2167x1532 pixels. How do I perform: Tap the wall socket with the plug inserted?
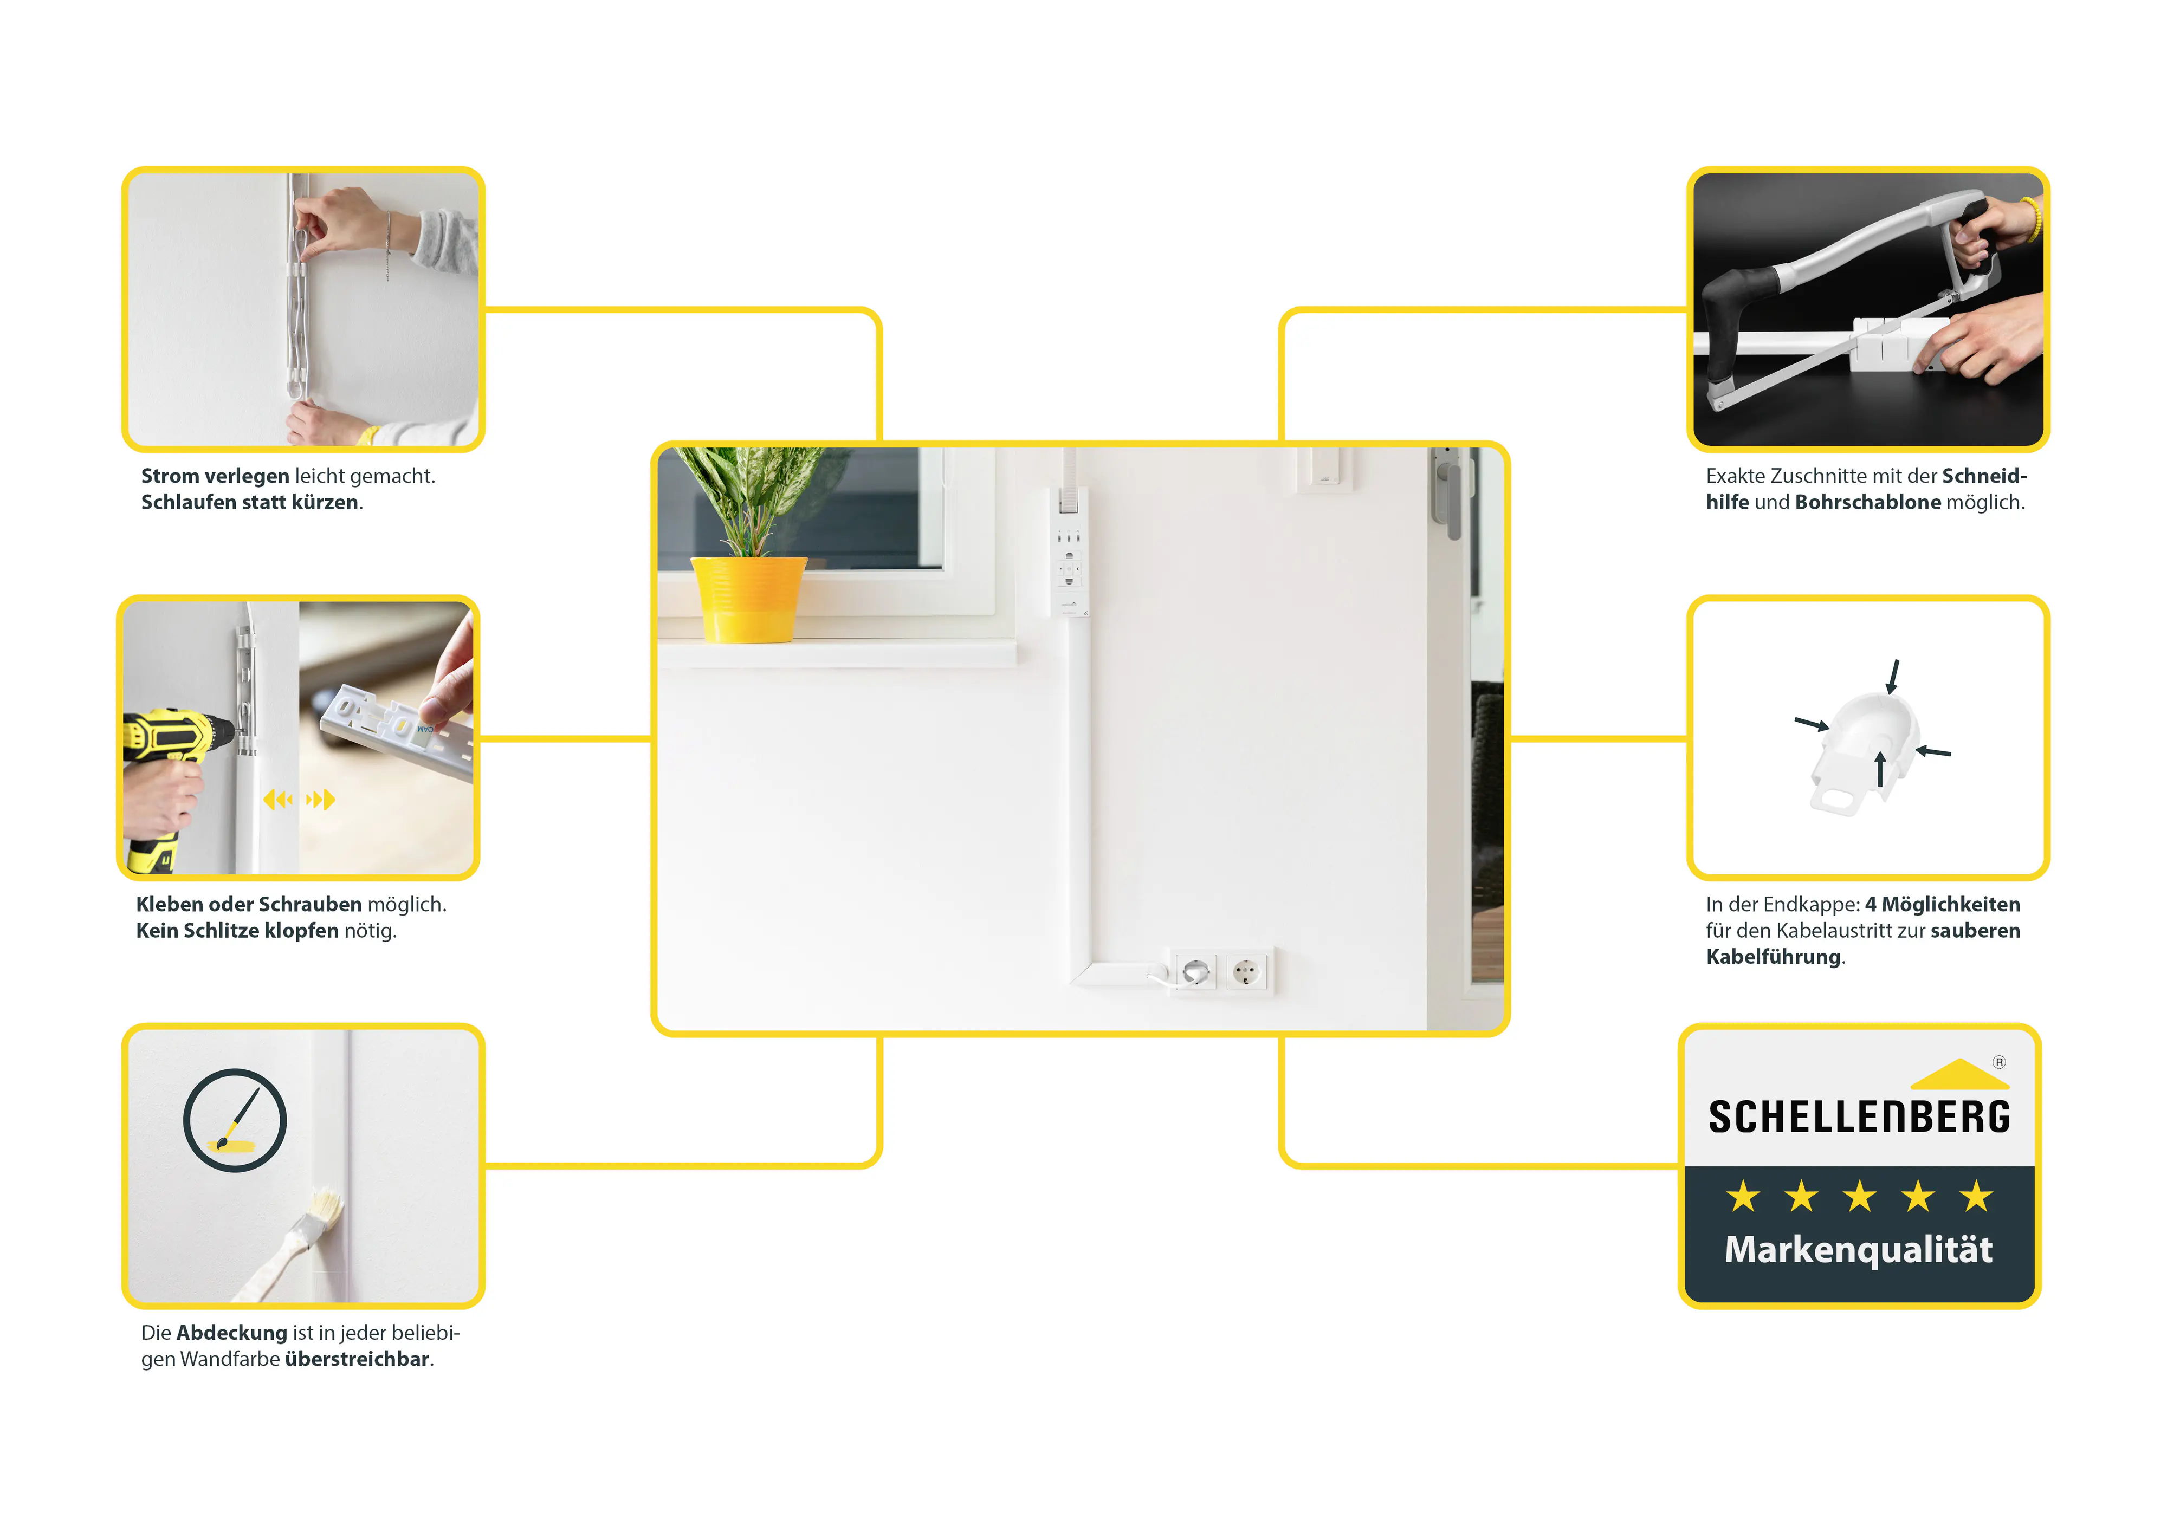[1196, 971]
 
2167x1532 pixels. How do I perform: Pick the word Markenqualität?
[1858, 1249]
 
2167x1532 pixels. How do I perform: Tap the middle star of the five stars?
[1859, 1197]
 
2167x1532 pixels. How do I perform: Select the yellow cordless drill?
[170, 745]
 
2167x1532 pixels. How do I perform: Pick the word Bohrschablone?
[1867, 503]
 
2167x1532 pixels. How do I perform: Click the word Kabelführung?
[1773, 958]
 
